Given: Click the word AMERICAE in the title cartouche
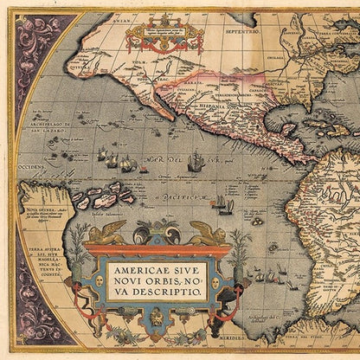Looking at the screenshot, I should pos(138,270).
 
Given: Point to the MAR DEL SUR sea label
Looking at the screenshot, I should pos(151,164).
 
